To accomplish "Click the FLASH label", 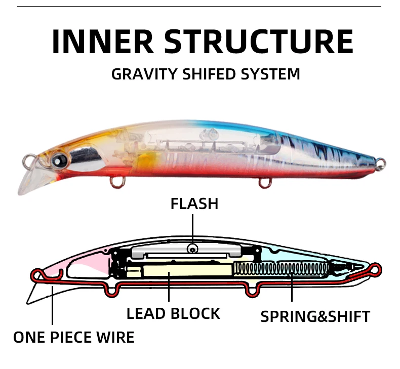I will point(194,203).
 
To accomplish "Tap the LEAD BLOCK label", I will point(173,313).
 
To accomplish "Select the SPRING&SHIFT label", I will point(315,316).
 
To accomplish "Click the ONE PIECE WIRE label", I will point(74,337).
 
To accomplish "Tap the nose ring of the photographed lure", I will point(29,162).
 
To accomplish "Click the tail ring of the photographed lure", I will point(381,163).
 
